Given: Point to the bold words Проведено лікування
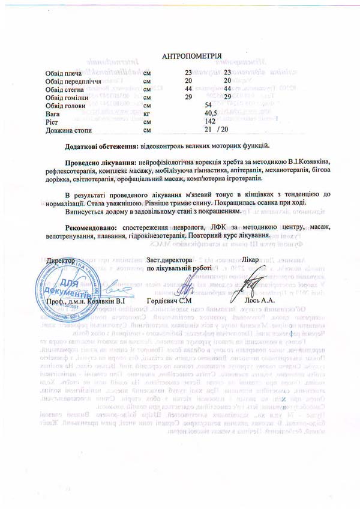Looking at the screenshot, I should (x=100, y=163).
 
